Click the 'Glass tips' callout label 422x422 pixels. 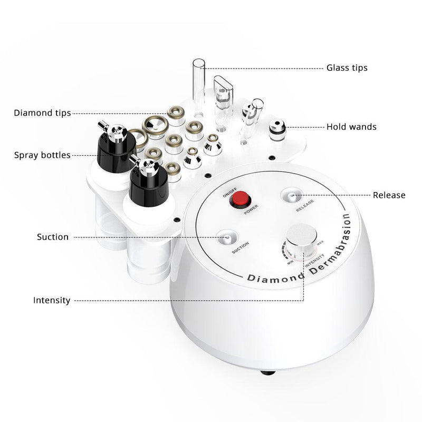(x=347, y=68)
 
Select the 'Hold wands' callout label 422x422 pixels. (x=351, y=127)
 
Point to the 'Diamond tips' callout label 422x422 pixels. (x=42, y=113)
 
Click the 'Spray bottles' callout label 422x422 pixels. (x=42, y=155)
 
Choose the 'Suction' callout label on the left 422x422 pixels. (x=53, y=237)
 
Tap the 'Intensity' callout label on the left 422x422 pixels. (x=52, y=300)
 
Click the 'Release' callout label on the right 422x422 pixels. (x=389, y=195)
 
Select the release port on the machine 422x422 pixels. (x=292, y=196)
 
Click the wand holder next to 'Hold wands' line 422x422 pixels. (x=276, y=128)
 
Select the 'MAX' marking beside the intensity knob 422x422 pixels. (x=320, y=243)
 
